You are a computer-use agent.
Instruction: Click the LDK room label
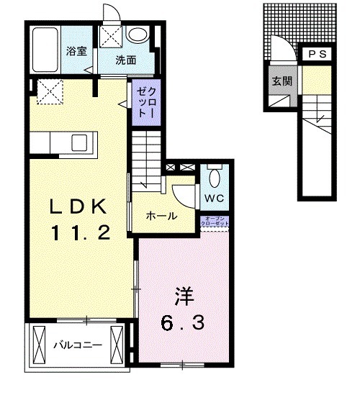click(79, 206)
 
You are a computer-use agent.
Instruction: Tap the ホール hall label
click(161, 215)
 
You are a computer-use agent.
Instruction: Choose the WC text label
click(214, 196)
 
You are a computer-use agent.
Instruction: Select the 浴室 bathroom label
click(77, 51)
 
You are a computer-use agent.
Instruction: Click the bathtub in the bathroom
click(46, 50)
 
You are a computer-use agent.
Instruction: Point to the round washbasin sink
click(137, 35)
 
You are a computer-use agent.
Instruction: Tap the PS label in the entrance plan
click(318, 55)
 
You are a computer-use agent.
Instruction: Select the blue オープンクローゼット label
click(217, 222)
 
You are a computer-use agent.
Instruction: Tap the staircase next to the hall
click(148, 155)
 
